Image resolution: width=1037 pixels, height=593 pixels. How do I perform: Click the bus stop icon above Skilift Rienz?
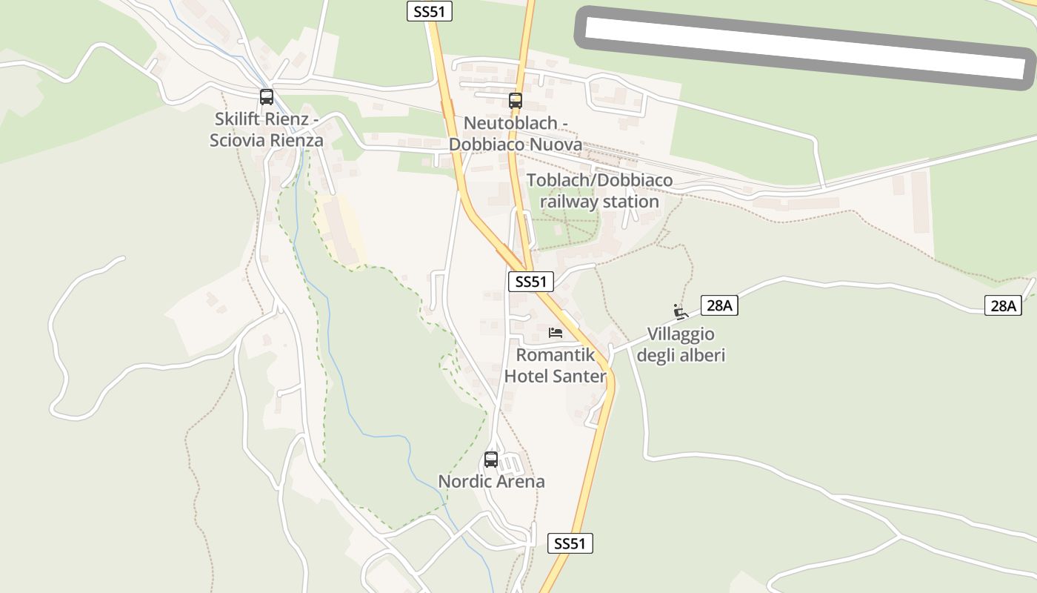[x=267, y=97]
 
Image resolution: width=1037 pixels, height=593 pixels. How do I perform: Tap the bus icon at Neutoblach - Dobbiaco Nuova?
[x=516, y=101]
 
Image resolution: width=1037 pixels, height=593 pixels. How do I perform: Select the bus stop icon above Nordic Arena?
[x=491, y=460]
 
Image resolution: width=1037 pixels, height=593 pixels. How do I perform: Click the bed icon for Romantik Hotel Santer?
[x=556, y=333]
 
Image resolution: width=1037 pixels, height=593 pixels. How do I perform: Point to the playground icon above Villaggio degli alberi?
[x=680, y=311]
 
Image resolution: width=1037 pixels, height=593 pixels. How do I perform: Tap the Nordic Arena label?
[x=491, y=482]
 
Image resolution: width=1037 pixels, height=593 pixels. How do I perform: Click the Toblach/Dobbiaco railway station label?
[x=599, y=191]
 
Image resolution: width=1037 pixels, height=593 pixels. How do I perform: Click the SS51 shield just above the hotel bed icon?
[x=531, y=282]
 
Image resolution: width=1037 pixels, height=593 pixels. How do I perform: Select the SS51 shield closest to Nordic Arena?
[x=570, y=543]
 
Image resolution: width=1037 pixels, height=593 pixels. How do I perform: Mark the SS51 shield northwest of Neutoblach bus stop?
[x=430, y=11]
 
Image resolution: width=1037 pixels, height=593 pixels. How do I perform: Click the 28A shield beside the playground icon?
[x=719, y=305]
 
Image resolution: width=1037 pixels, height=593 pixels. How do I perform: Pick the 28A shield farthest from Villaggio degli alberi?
[x=1003, y=305]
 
